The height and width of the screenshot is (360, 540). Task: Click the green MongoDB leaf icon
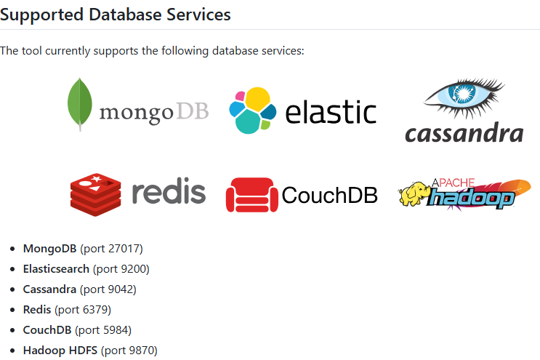pyautogui.click(x=79, y=103)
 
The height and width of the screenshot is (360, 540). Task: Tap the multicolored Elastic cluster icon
pyautogui.click(x=252, y=111)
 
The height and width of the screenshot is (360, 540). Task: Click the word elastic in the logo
pyautogui.click(x=331, y=113)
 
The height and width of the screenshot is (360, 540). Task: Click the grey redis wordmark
pyautogui.click(x=169, y=192)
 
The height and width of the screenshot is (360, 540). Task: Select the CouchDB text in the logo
pyautogui.click(x=329, y=195)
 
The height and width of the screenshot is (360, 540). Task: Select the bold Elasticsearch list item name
pyautogui.click(x=56, y=269)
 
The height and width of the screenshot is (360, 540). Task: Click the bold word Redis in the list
pyautogui.click(x=37, y=310)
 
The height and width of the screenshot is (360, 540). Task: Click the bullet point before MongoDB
pyautogui.click(x=13, y=249)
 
